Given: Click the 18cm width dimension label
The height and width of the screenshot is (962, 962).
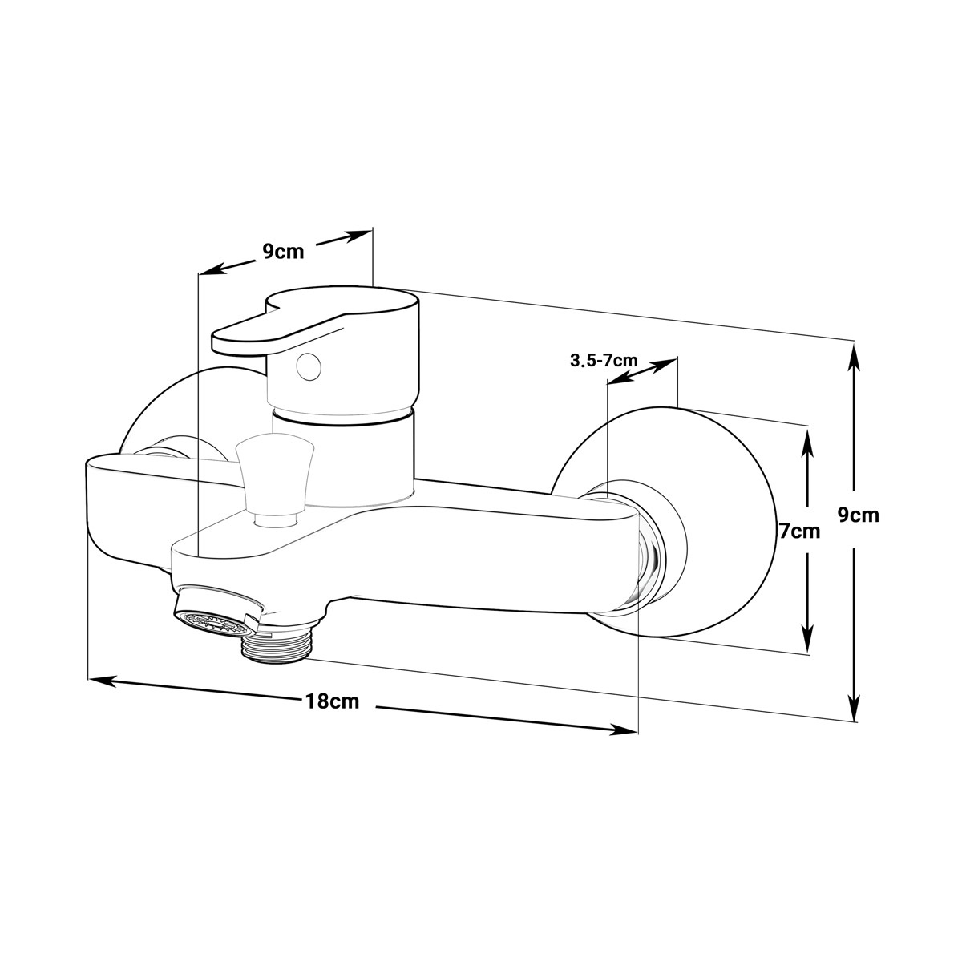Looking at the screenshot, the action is point(332,701).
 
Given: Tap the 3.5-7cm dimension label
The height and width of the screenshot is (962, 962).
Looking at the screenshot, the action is point(604,360).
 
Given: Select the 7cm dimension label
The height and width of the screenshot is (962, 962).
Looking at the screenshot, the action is point(800,532).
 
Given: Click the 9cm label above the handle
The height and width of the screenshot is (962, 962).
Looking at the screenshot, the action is point(284,252).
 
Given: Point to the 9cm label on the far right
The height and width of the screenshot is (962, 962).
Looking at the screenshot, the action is point(858,515).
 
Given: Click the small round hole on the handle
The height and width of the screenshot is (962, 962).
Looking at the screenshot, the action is point(308,366).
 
